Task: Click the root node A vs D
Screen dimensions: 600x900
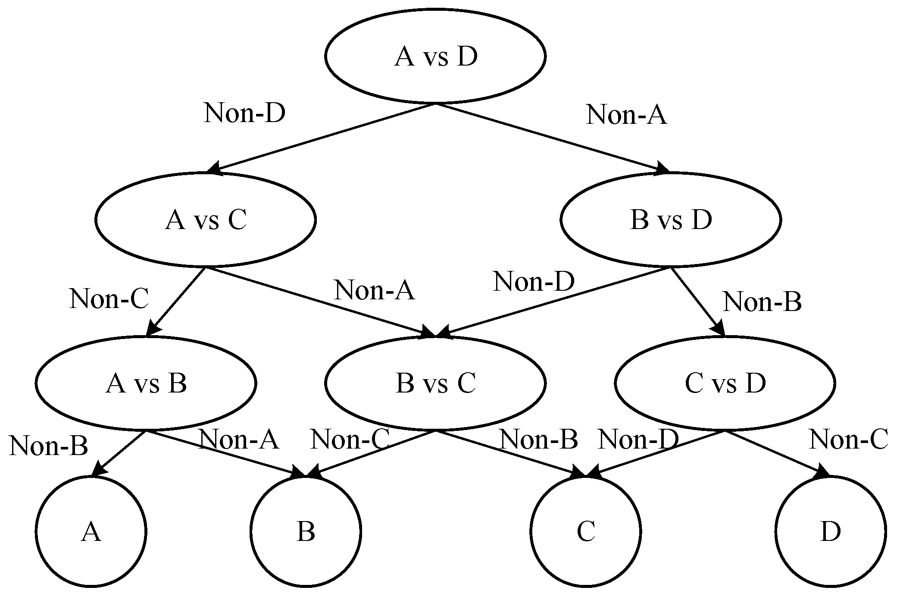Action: pyautogui.click(x=435, y=56)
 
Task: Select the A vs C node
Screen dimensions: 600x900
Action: pyautogui.click(x=205, y=220)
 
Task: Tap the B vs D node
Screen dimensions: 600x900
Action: pyautogui.click(x=670, y=220)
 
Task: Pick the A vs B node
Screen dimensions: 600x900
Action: pyautogui.click(x=146, y=383)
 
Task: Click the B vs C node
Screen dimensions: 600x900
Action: pyautogui.click(x=435, y=383)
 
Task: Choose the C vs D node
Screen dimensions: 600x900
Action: pyautogui.click(x=725, y=383)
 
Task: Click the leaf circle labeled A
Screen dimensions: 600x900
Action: pyautogui.click(x=91, y=531)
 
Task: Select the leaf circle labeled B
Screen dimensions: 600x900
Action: pyautogui.click(x=306, y=531)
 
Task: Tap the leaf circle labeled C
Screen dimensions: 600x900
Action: pyautogui.click(x=586, y=531)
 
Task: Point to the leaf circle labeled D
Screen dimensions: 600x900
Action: pyautogui.click(x=830, y=531)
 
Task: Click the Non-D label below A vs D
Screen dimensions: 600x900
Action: pyautogui.click(x=244, y=113)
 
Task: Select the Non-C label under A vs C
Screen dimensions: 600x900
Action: pyautogui.click(x=109, y=299)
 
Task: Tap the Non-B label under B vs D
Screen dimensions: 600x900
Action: pyautogui.click(x=762, y=302)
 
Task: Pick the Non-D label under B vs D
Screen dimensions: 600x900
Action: pyautogui.click(x=534, y=282)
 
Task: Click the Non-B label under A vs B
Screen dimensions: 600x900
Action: pyautogui.click(x=48, y=446)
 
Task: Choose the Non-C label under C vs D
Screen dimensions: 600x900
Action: pyautogui.click(x=847, y=440)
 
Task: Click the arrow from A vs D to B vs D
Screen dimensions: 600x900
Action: pyautogui.click(x=552, y=138)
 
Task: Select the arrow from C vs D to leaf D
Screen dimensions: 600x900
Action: pyautogui.click(x=776, y=453)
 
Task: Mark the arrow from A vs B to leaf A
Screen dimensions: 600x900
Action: pyautogui.click(x=119, y=453)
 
